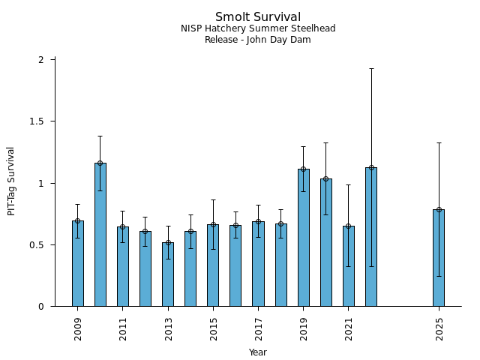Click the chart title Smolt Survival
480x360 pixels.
coord(258,17)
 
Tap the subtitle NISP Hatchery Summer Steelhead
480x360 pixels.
coord(258,28)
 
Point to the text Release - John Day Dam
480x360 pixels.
coord(258,40)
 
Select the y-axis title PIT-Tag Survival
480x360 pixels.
coord(11,181)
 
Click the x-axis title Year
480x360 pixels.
coord(258,352)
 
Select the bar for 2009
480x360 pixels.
coord(78,263)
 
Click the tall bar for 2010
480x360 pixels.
coord(100,234)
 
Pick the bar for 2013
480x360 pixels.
coord(168,274)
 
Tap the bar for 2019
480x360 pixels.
coord(303,237)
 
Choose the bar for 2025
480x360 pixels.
coord(439,257)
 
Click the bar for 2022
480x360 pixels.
coord(371,236)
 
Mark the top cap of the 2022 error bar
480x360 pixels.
coord(371,68)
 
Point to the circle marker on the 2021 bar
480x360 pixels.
coord(348,226)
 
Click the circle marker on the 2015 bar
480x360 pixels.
coord(213,224)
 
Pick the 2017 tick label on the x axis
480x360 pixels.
coord(258,328)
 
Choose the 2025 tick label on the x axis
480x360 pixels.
coord(439,328)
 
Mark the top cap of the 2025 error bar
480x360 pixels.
coord(439,142)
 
